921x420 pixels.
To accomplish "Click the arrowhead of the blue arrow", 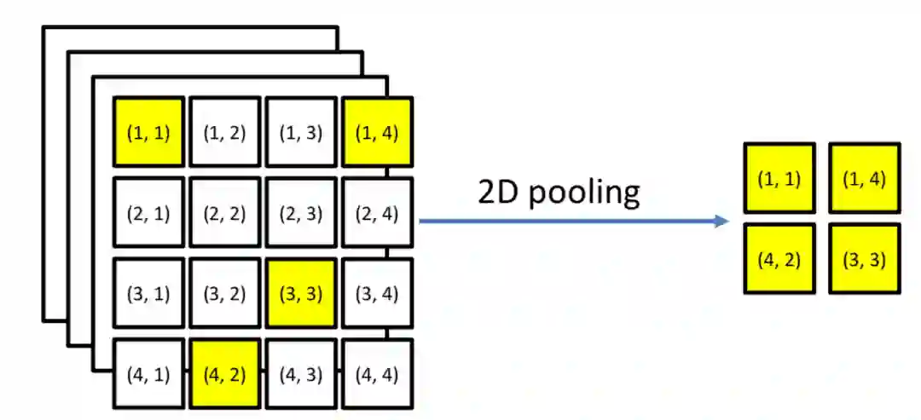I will (723, 222).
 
